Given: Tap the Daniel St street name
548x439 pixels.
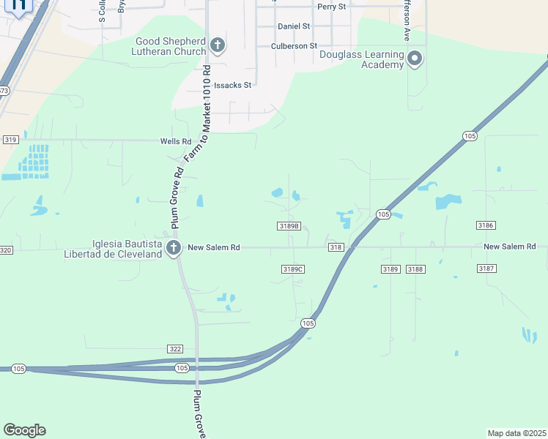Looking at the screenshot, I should (x=294, y=26).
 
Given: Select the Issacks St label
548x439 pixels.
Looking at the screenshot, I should (x=233, y=85).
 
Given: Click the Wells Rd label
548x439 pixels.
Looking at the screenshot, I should (x=176, y=141).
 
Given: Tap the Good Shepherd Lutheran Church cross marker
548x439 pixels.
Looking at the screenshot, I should (x=217, y=45).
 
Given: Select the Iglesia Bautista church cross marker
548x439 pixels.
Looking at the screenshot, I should (x=174, y=248).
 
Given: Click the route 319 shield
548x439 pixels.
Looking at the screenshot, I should (x=10, y=139).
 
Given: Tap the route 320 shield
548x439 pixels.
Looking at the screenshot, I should (x=6, y=250).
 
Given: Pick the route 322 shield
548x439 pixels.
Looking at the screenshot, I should (x=174, y=349).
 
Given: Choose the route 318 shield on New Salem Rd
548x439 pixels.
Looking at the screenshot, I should (x=336, y=247).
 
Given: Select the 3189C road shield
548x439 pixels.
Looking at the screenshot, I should (x=292, y=269).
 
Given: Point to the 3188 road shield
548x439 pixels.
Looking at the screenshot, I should (x=416, y=269).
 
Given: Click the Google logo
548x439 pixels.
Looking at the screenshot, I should (x=24, y=430).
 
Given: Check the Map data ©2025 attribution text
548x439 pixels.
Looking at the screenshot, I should (x=516, y=432).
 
